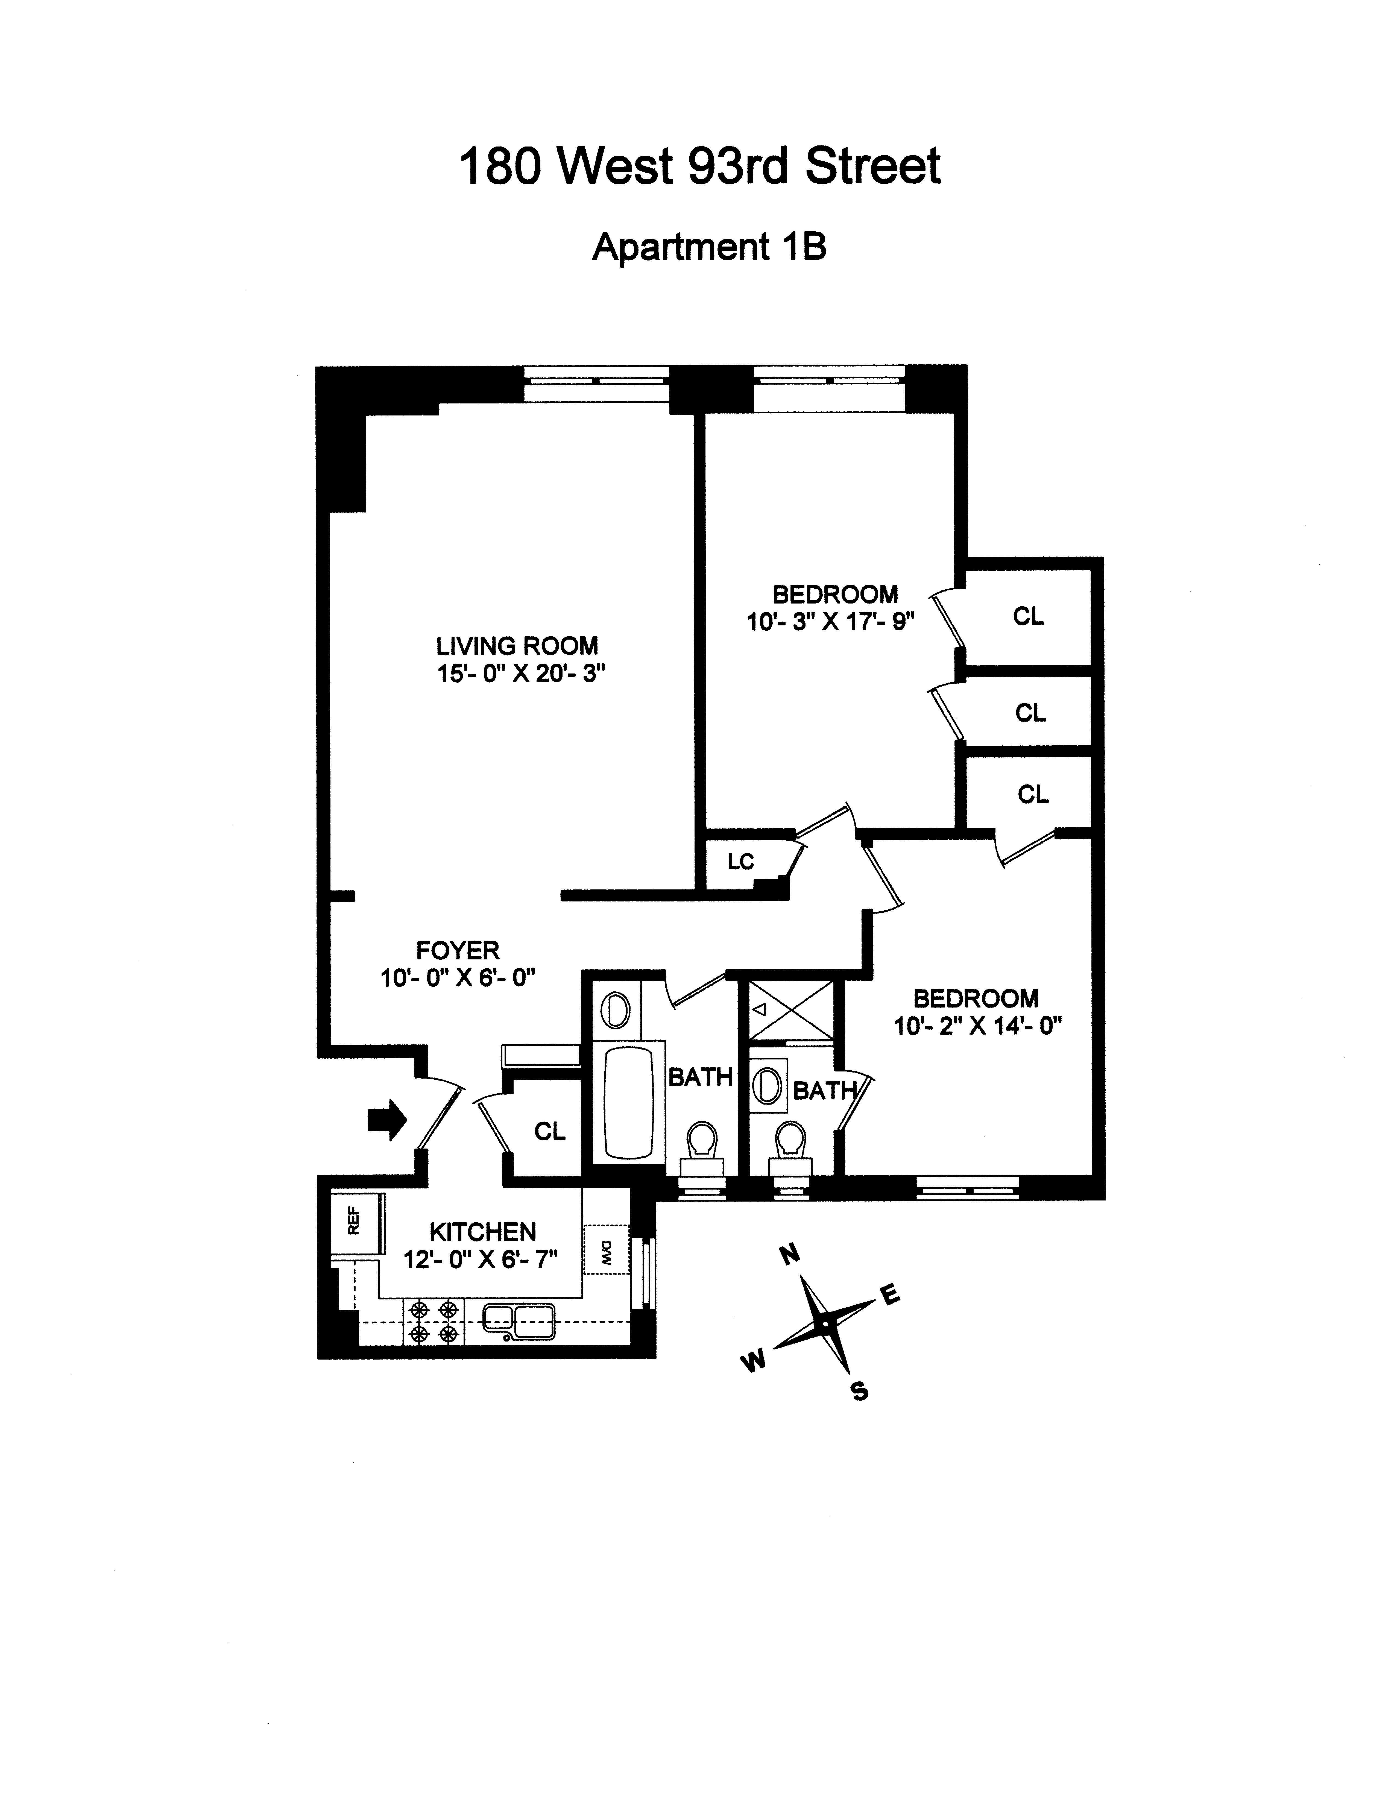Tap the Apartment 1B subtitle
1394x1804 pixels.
pos(708,247)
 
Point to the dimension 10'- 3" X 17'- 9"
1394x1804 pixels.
pos(831,621)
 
